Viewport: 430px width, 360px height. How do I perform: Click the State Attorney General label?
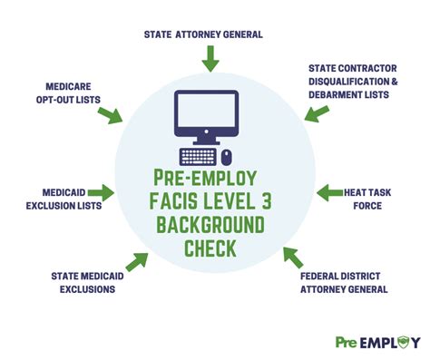pyautogui.click(x=203, y=34)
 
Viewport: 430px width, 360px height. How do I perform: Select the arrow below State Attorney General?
pyautogui.click(x=210, y=60)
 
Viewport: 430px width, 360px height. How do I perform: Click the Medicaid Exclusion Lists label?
pyautogui.click(x=57, y=199)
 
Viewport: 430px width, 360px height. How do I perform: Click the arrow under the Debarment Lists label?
pyautogui.click(x=316, y=113)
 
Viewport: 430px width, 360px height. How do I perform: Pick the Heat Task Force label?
pyautogui.click(x=373, y=199)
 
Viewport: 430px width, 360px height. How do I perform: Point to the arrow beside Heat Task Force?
pyautogui.click(x=327, y=192)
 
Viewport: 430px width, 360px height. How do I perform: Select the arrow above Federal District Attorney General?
pyautogui.click(x=292, y=256)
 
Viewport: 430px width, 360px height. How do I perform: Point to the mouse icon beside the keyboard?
pyautogui.click(x=227, y=155)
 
